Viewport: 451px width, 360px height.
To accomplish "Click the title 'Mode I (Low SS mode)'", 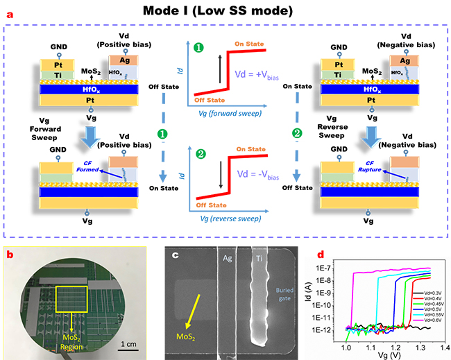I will pos(225,12).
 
